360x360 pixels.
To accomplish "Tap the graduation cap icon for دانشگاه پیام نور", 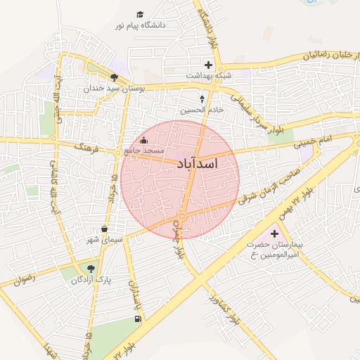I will tap(139, 14).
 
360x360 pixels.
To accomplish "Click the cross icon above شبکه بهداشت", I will tap(208, 65).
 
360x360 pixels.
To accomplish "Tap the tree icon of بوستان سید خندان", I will tap(114, 77).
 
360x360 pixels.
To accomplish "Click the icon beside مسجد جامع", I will tap(144, 140).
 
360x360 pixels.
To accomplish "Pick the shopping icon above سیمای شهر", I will tap(105, 229).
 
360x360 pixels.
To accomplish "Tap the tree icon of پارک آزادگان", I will tap(91, 268).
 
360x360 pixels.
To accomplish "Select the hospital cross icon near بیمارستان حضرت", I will tap(274, 232).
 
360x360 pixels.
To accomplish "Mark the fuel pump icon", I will tap(136, 319).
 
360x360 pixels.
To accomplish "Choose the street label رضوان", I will tap(22, 279).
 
